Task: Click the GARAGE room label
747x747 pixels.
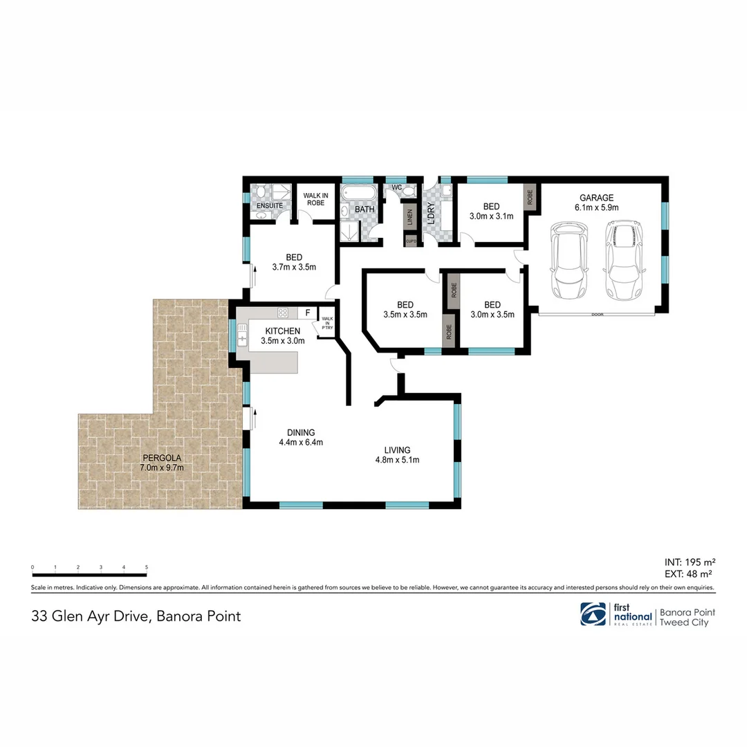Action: (x=596, y=197)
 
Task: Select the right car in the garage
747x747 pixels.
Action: (x=625, y=259)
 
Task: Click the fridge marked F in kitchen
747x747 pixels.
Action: (x=308, y=313)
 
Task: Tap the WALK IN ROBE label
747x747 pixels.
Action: (x=315, y=199)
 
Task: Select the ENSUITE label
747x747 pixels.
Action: (x=268, y=206)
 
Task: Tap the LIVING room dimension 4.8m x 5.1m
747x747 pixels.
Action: (x=398, y=459)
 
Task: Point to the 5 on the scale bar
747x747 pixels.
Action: (x=147, y=567)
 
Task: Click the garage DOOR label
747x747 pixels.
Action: (x=596, y=315)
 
